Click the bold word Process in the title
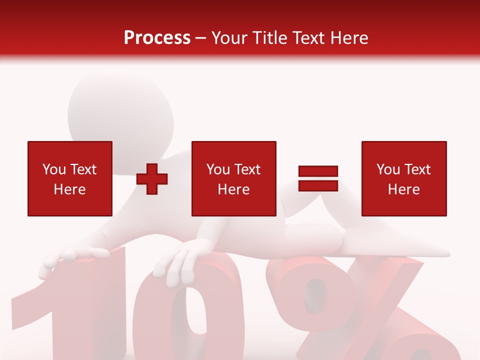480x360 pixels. coord(157,38)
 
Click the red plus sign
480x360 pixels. coord(152,179)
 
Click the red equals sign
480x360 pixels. coord(318,178)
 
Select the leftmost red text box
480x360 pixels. coord(69,178)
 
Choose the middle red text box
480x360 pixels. coord(233,178)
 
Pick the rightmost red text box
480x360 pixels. coord(403,178)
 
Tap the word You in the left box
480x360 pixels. coord(53,169)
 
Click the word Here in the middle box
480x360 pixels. coord(233,189)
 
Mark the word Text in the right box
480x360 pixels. coord(417,169)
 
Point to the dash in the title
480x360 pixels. coord(201,38)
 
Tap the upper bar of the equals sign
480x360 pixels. coord(318,171)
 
